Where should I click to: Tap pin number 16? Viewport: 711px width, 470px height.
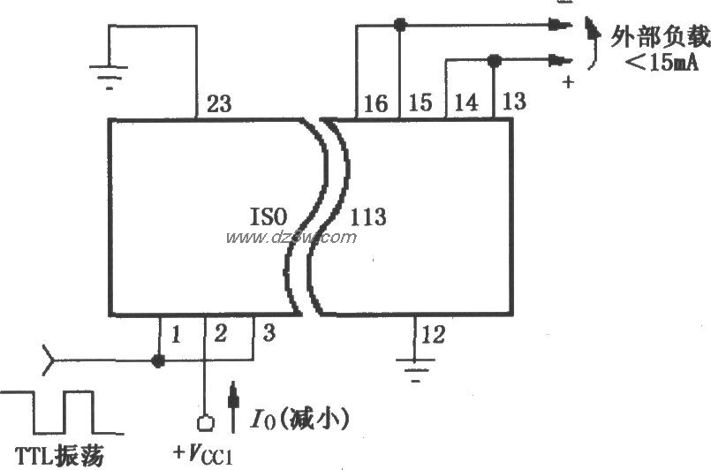click(375, 104)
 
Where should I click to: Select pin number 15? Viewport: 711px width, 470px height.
click(420, 103)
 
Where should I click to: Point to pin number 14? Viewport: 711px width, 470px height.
click(466, 103)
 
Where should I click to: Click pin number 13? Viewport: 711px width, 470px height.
click(513, 101)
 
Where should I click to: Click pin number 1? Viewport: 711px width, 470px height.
click(176, 335)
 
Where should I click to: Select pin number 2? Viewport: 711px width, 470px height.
click(221, 335)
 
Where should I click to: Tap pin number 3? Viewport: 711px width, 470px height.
click(269, 335)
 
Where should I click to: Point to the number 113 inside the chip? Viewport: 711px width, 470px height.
click(368, 216)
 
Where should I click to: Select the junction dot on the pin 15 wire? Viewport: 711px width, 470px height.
click(400, 26)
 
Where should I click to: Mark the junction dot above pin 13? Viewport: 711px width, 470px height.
click(494, 60)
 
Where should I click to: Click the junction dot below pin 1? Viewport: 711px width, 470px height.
click(159, 360)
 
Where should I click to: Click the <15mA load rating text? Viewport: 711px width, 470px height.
click(654, 65)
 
